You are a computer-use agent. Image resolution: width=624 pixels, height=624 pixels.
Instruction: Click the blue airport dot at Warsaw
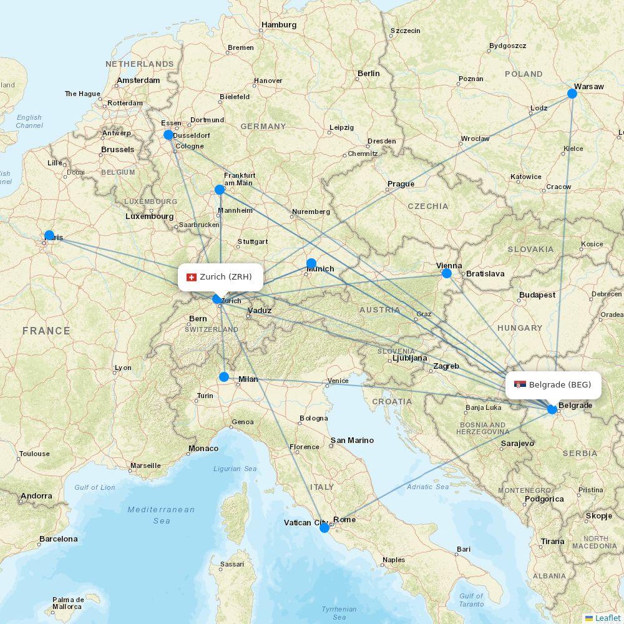point(572,94)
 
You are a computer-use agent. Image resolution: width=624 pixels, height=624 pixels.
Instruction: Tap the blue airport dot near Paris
point(49,235)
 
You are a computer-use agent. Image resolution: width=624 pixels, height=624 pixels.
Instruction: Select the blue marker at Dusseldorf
point(168,135)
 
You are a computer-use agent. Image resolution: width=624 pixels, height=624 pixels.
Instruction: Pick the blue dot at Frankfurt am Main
point(220,190)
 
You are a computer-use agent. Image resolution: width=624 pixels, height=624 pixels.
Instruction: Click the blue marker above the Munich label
point(311,263)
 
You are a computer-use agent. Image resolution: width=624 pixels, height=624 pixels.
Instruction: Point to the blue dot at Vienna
point(447,273)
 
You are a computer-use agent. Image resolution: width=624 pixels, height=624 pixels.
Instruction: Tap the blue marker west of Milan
point(224,377)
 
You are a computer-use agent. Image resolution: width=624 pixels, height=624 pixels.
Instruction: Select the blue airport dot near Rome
point(324,528)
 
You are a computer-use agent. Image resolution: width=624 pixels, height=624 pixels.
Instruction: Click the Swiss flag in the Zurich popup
point(192,277)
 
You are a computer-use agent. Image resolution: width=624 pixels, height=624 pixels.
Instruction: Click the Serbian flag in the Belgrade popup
point(520,385)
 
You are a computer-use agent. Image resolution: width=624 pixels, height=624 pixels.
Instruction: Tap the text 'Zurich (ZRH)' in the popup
point(226,277)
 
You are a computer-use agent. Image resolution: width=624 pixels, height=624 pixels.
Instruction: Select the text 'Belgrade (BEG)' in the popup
point(560,385)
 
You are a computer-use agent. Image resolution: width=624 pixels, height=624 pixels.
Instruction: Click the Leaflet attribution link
point(607,618)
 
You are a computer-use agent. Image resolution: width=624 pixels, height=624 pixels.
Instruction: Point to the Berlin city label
point(368,74)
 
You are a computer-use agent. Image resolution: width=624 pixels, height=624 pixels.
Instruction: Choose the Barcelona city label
point(59,539)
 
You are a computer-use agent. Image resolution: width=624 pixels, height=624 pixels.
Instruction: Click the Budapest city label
point(537,295)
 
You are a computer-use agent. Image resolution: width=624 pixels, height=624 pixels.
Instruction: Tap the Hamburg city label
point(279,25)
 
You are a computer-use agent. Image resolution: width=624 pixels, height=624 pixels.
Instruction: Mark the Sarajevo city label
point(517,444)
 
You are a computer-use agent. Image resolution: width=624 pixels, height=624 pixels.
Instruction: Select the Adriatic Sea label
point(427,487)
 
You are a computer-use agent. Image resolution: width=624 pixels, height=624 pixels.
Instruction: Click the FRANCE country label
point(46,331)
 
